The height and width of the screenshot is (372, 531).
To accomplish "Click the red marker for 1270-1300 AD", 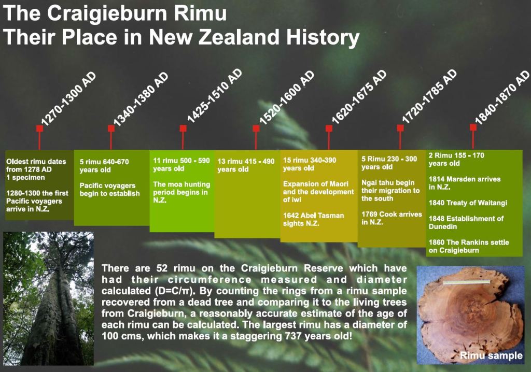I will (39, 128).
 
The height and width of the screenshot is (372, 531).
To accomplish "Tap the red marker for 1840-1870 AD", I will (473, 127).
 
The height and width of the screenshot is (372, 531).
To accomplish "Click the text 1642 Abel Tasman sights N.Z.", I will (313, 219).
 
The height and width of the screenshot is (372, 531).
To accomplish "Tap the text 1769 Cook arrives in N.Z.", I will (392, 218).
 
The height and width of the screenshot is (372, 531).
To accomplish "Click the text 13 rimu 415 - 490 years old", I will (246, 165).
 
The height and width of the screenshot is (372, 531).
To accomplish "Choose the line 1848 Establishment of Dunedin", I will (466, 222).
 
